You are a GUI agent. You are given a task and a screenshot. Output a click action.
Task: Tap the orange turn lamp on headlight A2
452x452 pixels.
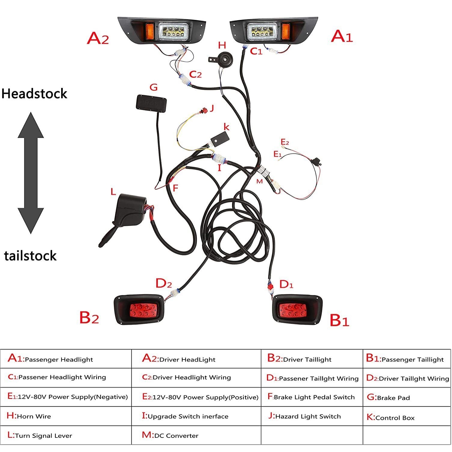150,31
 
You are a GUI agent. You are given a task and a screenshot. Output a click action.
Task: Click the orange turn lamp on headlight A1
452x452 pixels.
286,31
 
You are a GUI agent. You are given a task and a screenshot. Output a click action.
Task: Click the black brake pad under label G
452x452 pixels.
151,103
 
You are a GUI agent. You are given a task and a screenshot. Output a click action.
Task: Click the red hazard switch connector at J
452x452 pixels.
205,111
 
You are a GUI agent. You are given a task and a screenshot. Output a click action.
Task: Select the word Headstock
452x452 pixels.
34,94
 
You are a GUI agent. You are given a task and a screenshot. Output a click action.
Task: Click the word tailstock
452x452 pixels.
30,256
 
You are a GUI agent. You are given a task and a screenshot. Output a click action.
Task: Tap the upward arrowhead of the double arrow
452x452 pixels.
31,125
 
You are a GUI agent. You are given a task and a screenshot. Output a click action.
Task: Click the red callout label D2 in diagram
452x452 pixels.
164,284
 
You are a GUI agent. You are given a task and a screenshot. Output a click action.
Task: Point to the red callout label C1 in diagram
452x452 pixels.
256,52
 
